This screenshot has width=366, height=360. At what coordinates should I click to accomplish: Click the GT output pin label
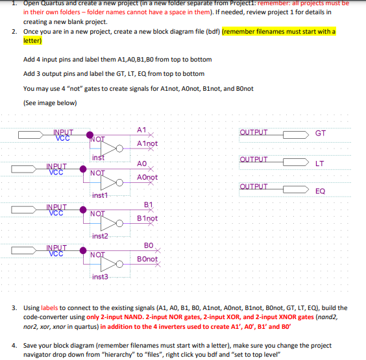pyautogui.click(x=320, y=134)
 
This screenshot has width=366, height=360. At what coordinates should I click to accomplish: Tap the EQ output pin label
pyautogui.click(x=320, y=191)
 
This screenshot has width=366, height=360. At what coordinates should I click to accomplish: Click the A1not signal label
pyautogui.click(x=147, y=143)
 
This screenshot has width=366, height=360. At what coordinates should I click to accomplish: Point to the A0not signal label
pyautogui.click(x=147, y=177)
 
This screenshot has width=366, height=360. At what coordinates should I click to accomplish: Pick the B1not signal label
pyautogui.click(x=147, y=219)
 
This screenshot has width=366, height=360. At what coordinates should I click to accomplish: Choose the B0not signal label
pyautogui.click(x=147, y=259)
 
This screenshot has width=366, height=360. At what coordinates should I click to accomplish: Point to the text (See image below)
pyautogui.click(x=49, y=102)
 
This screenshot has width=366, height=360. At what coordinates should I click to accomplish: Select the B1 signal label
pyautogui.click(x=147, y=206)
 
